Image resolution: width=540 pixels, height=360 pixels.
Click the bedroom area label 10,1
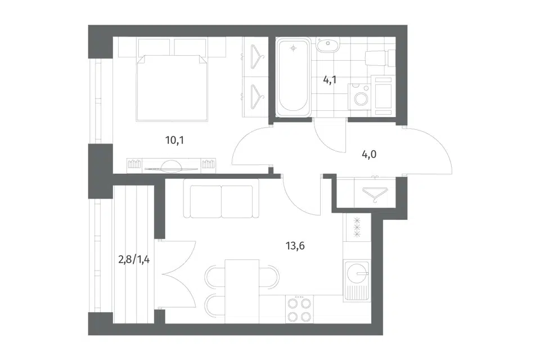pyautogui.click(x=174, y=140)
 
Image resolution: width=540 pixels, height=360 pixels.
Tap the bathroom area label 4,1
pyautogui.click(x=330, y=80)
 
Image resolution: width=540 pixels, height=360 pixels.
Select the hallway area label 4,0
pyautogui.click(x=369, y=154)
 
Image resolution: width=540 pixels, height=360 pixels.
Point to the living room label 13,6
pyautogui.click(x=295, y=246)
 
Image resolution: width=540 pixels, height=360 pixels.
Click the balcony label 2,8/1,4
pyautogui.click(x=134, y=259)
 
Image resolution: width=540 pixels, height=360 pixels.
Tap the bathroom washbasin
pyautogui.click(x=328, y=45)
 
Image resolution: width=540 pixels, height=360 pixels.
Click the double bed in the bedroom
pyautogui.click(x=172, y=88)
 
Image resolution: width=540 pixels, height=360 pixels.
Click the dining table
pyautogui.click(x=242, y=291)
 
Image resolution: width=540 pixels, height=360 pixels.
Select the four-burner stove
pyautogui.click(x=300, y=309)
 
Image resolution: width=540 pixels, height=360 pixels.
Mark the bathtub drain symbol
pyautogui.click(x=294, y=48)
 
